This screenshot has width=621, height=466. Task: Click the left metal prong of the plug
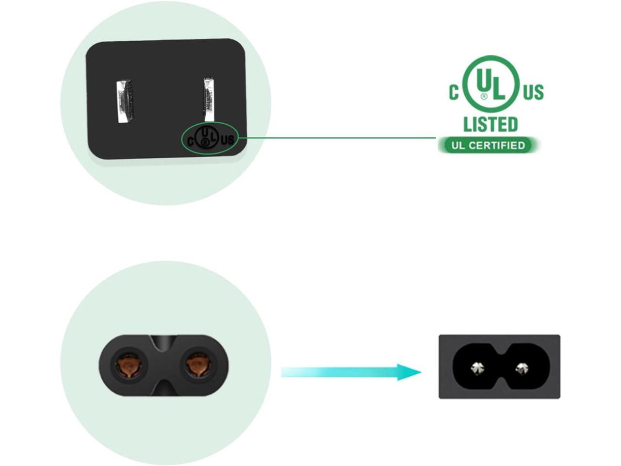pos(124,101)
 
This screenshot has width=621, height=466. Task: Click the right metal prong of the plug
pos(209,100)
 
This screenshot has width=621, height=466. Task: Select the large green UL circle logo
pos(490,83)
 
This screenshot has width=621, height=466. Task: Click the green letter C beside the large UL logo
pos(454,92)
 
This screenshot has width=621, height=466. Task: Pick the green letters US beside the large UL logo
pos(533,92)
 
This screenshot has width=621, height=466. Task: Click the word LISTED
pos(490,124)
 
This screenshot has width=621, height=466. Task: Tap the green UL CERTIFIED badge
pos(488,145)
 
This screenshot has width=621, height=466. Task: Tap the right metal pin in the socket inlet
pos(522,368)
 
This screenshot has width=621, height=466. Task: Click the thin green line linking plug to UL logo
pos(340,138)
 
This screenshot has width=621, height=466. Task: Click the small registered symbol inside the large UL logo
pos(484,97)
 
